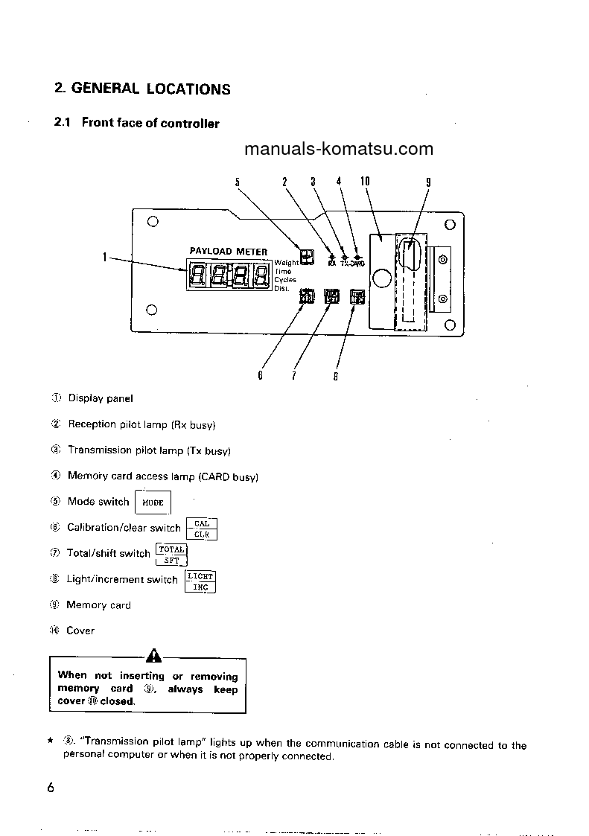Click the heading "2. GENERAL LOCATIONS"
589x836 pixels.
(x=142, y=89)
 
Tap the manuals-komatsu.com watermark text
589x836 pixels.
(x=338, y=148)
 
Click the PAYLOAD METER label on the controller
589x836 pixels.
(x=228, y=252)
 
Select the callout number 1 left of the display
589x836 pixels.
(x=106, y=258)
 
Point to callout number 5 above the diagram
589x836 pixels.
(x=238, y=182)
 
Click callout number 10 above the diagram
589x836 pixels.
(x=365, y=181)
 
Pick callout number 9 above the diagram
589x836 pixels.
(x=428, y=182)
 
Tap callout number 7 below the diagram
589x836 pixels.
(x=294, y=376)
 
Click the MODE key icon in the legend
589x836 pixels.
(x=153, y=502)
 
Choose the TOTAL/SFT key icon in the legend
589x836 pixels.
(x=171, y=555)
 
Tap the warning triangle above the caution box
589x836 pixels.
(x=154, y=656)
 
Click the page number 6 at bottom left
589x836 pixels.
(x=50, y=788)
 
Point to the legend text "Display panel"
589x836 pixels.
(x=101, y=398)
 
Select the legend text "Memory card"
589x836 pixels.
(x=98, y=605)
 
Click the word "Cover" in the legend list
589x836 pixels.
(x=80, y=631)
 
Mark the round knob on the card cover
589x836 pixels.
(x=381, y=279)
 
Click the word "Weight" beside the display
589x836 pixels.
(x=286, y=263)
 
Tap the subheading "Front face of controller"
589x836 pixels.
(x=150, y=124)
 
